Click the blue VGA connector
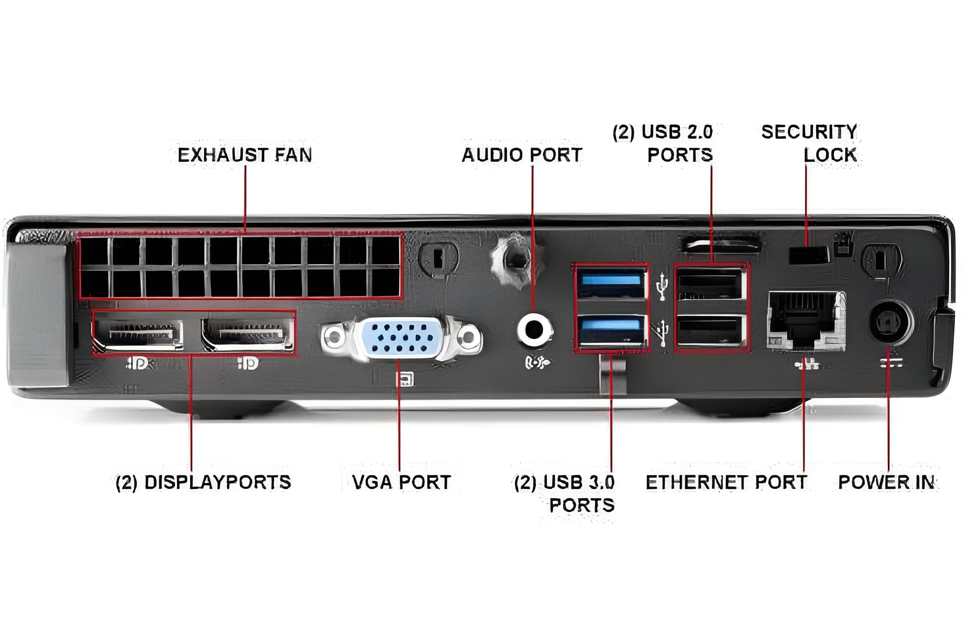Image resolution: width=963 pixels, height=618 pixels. [x=401, y=337]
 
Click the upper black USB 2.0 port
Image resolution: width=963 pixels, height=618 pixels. [x=710, y=284]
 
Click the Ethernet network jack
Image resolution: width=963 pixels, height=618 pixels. [x=805, y=321]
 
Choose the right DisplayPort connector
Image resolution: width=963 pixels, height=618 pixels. [x=248, y=333]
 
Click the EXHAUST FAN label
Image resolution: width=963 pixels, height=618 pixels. [x=245, y=155]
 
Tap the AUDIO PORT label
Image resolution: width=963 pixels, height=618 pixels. [x=522, y=155]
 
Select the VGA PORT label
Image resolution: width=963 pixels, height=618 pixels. [x=401, y=482]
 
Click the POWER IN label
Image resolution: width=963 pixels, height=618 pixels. [x=886, y=482]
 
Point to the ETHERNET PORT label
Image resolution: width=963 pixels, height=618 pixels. [x=726, y=482]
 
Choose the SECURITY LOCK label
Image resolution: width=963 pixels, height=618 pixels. [x=809, y=143]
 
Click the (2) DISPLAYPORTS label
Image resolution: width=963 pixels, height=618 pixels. [x=203, y=482]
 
